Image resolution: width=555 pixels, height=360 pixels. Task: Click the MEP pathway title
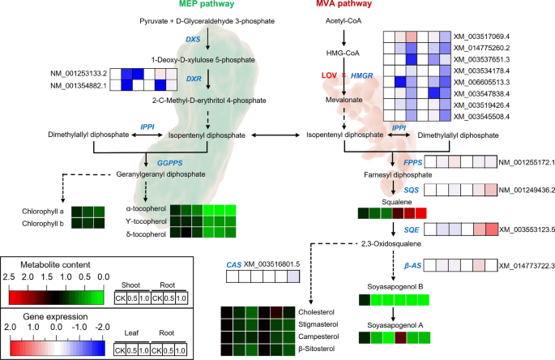210,7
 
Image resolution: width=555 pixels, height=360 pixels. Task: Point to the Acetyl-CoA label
344,19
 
